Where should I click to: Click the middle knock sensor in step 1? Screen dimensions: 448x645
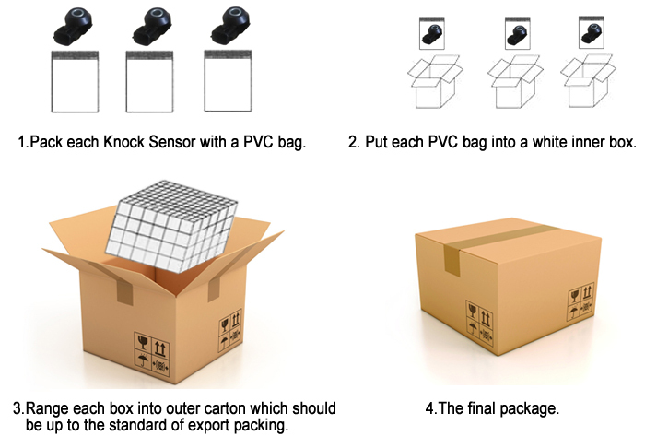point(149,25)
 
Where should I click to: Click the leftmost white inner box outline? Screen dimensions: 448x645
point(433,85)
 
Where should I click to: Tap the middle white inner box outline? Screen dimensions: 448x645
point(512,85)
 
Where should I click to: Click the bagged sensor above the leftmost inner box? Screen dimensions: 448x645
point(432,35)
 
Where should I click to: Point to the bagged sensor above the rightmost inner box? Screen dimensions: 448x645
point(591,34)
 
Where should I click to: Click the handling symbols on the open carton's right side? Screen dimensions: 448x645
point(229,333)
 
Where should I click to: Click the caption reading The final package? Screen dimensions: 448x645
point(493,407)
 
